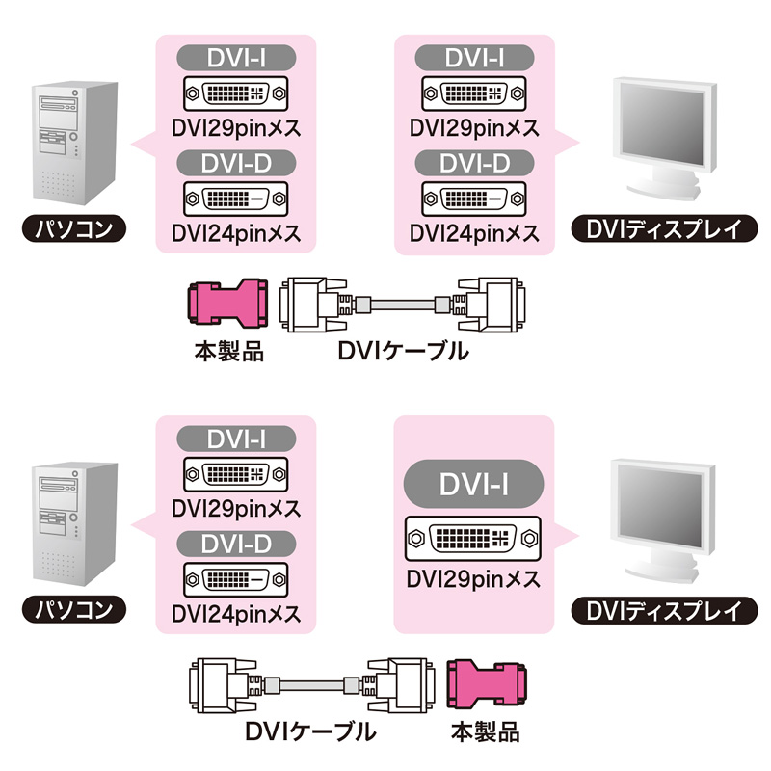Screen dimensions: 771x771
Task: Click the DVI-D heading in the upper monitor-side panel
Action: point(473,165)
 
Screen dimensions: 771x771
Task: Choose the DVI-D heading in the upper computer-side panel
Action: point(235,165)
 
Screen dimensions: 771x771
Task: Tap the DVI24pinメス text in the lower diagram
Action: point(235,613)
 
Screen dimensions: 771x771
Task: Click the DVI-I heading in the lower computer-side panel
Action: point(235,439)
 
